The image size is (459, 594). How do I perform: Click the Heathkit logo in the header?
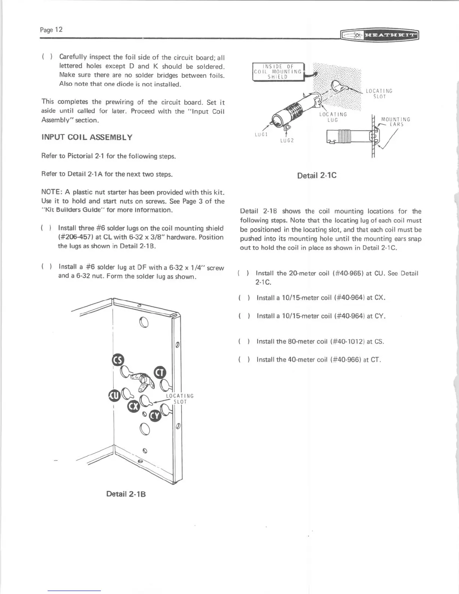tap(380, 35)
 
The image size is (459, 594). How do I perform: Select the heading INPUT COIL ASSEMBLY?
tap(87, 137)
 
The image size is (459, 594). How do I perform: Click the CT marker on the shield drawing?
tap(160, 372)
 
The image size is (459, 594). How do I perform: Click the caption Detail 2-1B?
tap(126, 494)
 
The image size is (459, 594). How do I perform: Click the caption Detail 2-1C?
tap(316, 175)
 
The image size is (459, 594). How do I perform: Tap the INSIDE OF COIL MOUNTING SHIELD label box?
tap(278, 72)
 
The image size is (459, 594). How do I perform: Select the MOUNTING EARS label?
tap(396, 122)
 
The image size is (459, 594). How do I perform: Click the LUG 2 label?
tap(287, 141)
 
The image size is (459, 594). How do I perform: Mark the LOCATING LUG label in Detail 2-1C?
tap(333, 117)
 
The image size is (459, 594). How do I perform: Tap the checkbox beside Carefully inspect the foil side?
tap(48, 57)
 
